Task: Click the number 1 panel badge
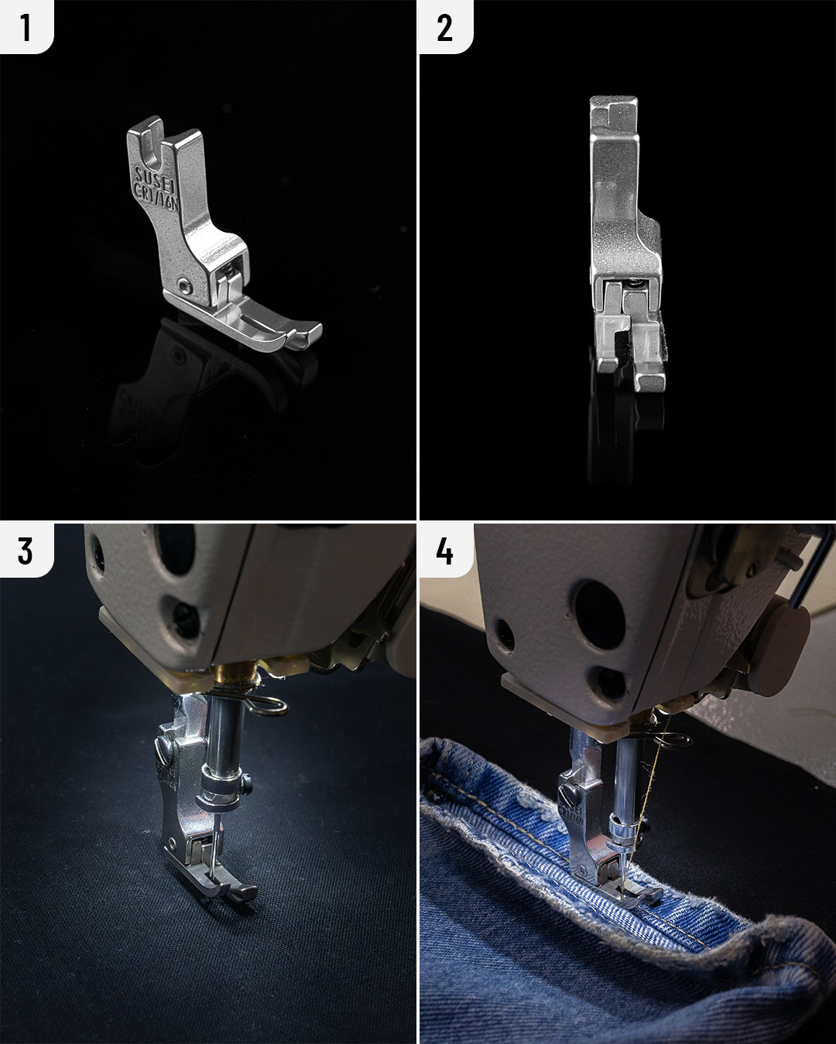point(26,26)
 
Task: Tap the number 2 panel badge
point(445,27)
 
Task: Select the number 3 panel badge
point(26,550)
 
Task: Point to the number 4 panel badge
point(445,550)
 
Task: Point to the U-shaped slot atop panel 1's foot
point(153,147)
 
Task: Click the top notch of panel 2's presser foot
point(614,113)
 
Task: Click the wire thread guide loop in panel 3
point(271,705)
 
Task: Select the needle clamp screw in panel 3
point(246,786)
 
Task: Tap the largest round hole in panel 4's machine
point(599,614)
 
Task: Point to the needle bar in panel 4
point(626,781)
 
